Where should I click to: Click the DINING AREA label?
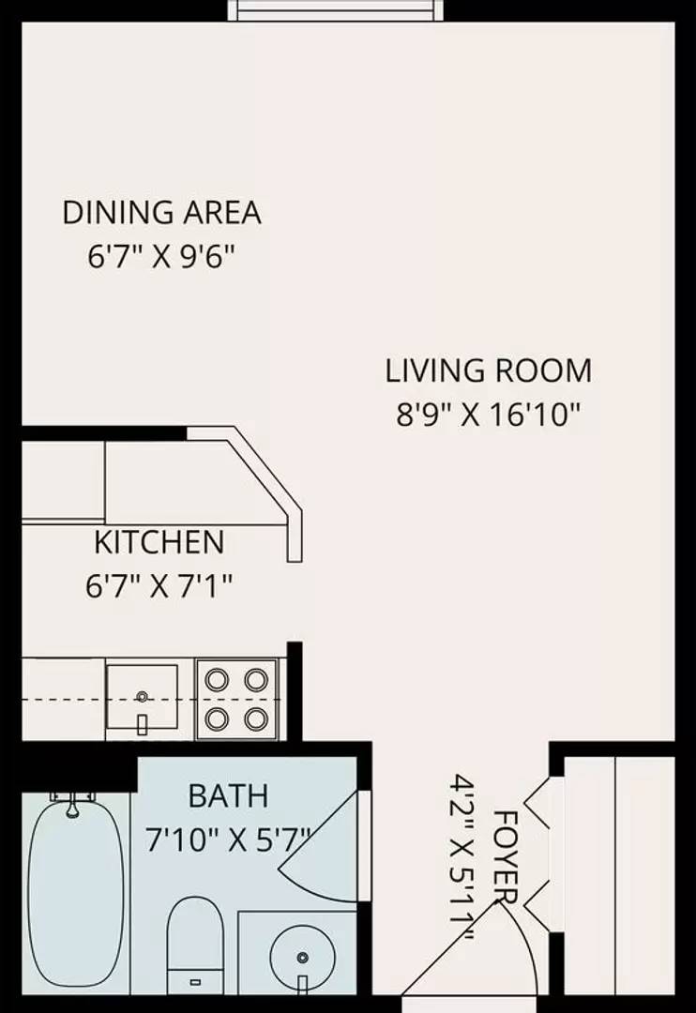[x=161, y=213]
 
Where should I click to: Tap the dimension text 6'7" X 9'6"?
[x=159, y=257]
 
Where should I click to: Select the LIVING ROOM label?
[x=489, y=370]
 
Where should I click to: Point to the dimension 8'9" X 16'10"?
[x=490, y=415]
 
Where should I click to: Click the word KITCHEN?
[x=159, y=542]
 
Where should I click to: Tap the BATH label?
[x=228, y=796]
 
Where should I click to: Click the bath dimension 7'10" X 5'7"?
[x=228, y=840]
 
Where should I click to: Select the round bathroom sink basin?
[x=302, y=956]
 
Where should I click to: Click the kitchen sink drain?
[x=143, y=696]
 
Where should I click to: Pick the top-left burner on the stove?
[x=217, y=680]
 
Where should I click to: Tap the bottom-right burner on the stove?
[x=257, y=718]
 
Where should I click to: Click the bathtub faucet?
[x=73, y=805]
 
